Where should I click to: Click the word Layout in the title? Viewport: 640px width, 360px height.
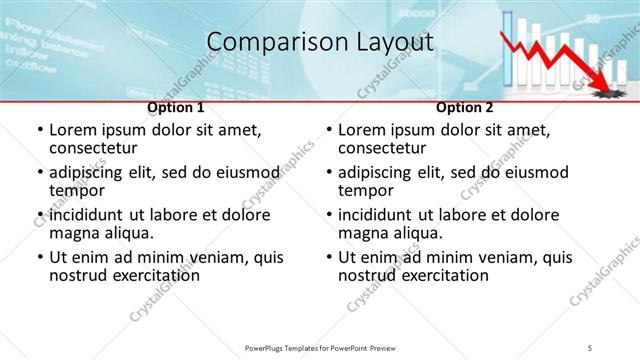click(392, 42)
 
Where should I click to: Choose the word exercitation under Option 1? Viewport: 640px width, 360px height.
click(140, 275)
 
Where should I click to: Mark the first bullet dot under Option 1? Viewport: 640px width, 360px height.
click(39, 131)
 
